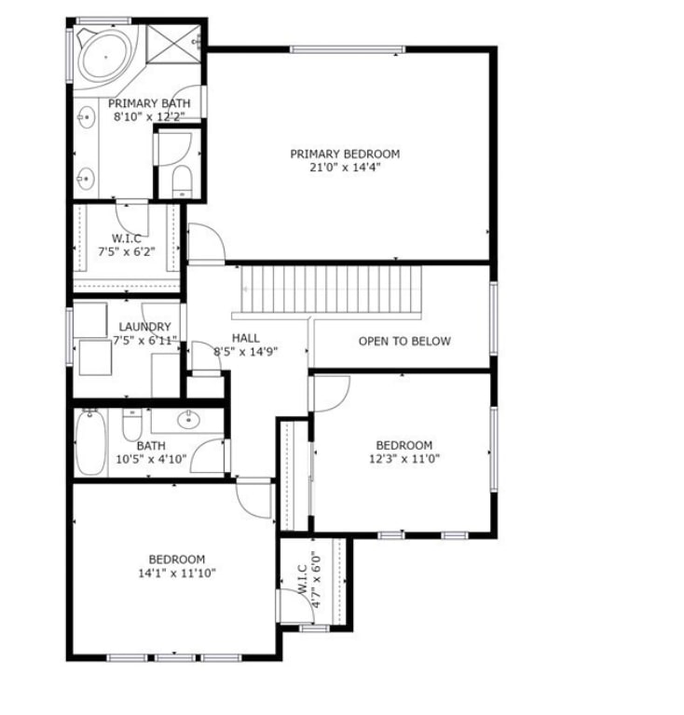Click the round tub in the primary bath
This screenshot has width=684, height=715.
coord(105,56)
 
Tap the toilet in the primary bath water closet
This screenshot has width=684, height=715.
coord(182,181)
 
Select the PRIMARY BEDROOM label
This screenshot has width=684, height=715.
coord(345,154)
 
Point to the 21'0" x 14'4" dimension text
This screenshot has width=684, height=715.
coord(345,168)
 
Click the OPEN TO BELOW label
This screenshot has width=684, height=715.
coord(404,341)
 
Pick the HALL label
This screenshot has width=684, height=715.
coord(246,338)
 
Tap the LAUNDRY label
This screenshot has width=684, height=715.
coord(145,327)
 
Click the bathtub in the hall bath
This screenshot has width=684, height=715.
coord(90,442)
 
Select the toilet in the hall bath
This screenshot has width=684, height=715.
coord(132,425)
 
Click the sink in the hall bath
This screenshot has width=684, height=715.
coord(188,420)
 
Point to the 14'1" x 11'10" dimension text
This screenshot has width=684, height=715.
coord(177,573)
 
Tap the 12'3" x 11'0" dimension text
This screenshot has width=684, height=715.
coord(404,458)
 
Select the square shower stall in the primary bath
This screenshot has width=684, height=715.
coord(174,44)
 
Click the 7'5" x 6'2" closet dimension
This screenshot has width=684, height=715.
coord(127,251)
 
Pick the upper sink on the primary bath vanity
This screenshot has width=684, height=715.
coord(86,117)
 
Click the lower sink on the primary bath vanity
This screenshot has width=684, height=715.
coord(86,178)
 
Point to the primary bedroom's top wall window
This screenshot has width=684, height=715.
coord(348,49)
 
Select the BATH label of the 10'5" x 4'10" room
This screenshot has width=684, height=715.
coord(151,446)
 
